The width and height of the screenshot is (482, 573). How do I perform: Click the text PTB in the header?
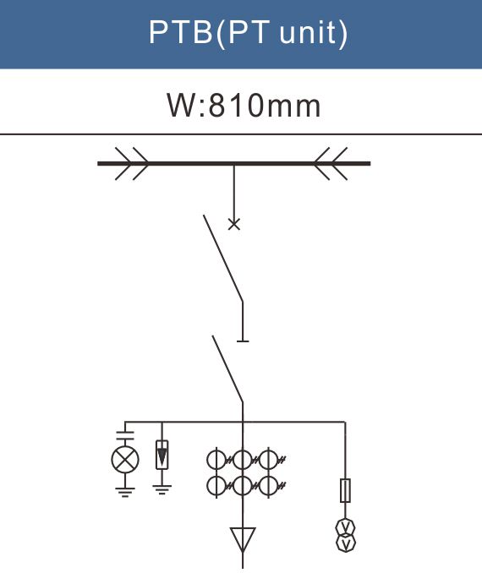pyautogui.click(x=180, y=32)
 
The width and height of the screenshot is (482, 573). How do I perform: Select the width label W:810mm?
pyautogui.click(x=244, y=106)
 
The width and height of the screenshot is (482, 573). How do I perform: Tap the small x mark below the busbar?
pyautogui.click(x=234, y=224)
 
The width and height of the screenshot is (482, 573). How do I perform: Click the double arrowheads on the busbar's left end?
pyautogui.click(x=132, y=164)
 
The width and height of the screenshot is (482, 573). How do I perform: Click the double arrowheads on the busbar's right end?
pyautogui.click(x=331, y=164)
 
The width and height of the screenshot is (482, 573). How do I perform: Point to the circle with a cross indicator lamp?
pyautogui.click(x=125, y=460)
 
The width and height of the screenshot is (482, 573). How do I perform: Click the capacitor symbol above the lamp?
pyautogui.click(x=125, y=435)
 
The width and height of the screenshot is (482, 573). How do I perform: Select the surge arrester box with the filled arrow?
pyautogui.click(x=162, y=455)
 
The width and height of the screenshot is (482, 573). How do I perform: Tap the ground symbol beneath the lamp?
pyautogui.click(x=125, y=492)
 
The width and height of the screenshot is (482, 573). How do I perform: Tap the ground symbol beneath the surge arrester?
pyautogui.click(x=162, y=489)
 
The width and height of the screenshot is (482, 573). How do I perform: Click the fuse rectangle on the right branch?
pyautogui.click(x=346, y=490)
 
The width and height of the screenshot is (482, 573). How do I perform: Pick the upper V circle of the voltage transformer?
pyautogui.click(x=346, y=527)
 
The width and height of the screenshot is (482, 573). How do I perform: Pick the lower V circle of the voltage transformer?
pyautogui.click(x=346, y=543)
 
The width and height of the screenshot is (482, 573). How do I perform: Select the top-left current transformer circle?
pyautogui.click(x=216, y=460)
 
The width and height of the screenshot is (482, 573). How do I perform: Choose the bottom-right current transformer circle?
pyautogui.click(x=269, y=485)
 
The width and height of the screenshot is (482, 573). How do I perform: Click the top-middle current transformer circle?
pyautogui.click(x=243, y=460)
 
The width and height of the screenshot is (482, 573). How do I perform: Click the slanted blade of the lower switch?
pyautogui.click(x=227, y=369)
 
